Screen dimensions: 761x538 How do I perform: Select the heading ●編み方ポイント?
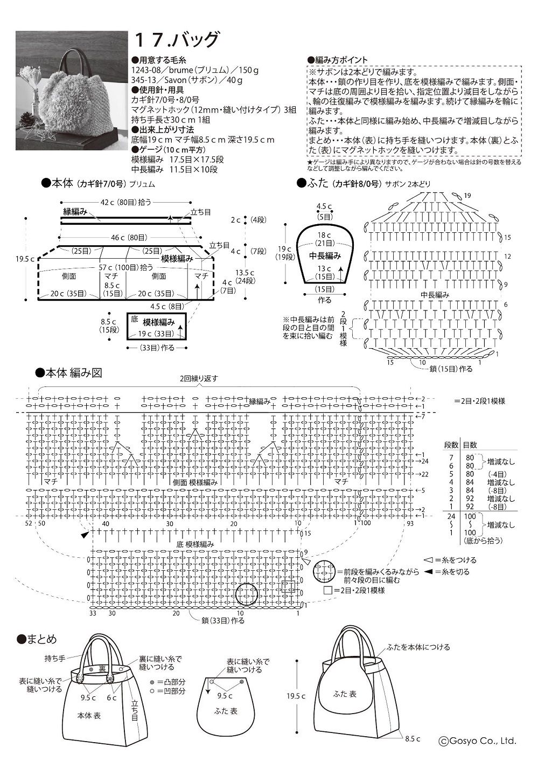click(337, 59)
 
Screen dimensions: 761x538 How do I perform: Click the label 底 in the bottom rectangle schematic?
click(135, 319)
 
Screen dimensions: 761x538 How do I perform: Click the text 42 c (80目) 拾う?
click(126, 202)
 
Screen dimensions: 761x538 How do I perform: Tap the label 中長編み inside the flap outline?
click(325, 255)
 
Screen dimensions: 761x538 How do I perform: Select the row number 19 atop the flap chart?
click(466, 195)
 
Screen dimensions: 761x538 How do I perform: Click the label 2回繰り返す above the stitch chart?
click(199, 378)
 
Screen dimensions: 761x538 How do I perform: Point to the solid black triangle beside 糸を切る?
click(429, 572)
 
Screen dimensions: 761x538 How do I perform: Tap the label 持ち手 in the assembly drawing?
click(54, 659)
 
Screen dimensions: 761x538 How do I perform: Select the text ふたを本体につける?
click(418, 647)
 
